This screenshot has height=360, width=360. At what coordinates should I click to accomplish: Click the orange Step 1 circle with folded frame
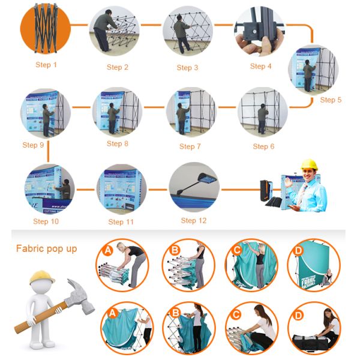tap(45, 26)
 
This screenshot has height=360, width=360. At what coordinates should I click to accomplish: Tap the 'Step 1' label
tap(47, 64)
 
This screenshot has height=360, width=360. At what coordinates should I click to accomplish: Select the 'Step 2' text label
tap(118, 67)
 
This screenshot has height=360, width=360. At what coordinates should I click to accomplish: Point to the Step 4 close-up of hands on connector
tap(259, 29)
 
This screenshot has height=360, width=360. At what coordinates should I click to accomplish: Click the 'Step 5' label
tap(331, 100)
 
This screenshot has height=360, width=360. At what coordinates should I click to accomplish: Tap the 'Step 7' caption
tap(190, 146)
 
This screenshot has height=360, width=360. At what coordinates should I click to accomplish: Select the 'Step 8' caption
tap(118, 143)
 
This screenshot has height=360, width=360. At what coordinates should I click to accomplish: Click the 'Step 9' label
tap(34, 145)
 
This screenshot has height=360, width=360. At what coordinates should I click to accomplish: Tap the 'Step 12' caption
tap(194, 220)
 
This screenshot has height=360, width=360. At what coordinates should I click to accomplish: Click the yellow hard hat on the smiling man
tap(308, 164)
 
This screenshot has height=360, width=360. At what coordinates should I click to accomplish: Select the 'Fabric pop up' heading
tap(46, 248)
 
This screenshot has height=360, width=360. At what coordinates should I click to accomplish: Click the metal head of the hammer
tap(80, 295)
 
